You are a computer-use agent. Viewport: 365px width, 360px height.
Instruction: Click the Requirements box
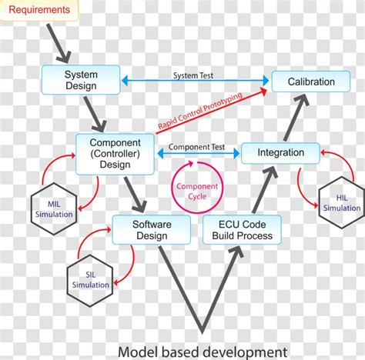click(39, 11)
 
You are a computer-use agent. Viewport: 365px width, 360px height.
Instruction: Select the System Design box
click(80, 80)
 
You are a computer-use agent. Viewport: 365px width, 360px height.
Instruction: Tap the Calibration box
click(311, 82)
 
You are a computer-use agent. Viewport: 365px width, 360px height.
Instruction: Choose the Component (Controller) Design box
click(115, 152)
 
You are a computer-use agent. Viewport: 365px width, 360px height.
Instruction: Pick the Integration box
click(280, 152)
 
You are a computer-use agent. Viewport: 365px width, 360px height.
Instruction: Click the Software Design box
click(152, 229)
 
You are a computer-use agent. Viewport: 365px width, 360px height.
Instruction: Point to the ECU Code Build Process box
click(242, 229)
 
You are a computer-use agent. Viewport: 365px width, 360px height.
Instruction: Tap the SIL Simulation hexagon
click(90, 278)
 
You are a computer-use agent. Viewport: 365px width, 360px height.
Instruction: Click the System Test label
click(193, 76)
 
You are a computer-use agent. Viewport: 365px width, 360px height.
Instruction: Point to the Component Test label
click(196, 146)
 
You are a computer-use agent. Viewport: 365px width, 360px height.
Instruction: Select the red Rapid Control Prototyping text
click(199, 111)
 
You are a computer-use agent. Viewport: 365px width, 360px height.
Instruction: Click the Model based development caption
click(203, 351)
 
